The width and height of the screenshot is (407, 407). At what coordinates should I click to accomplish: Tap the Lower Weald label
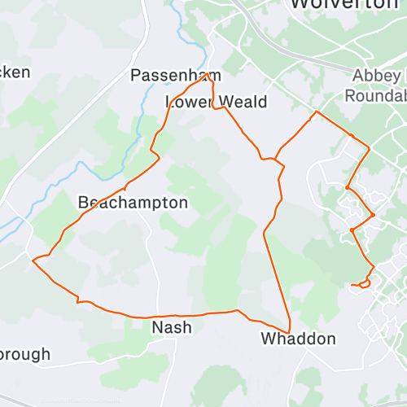tap(216, 102)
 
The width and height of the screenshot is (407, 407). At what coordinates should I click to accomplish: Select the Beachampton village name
tap(133, 202)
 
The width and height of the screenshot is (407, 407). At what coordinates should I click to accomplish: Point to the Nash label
tap(173, 327)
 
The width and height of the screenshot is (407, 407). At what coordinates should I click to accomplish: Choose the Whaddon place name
tap(297, 339)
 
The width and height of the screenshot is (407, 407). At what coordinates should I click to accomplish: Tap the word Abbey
tap(377, 76)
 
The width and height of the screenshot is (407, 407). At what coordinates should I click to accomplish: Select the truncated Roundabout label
tap(375, 95)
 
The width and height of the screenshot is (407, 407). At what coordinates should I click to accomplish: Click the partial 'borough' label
tap(24, 354)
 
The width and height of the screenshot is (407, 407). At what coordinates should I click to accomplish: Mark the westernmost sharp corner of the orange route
tap(32, 260)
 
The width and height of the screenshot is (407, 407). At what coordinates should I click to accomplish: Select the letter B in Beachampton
tap(83, 202)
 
